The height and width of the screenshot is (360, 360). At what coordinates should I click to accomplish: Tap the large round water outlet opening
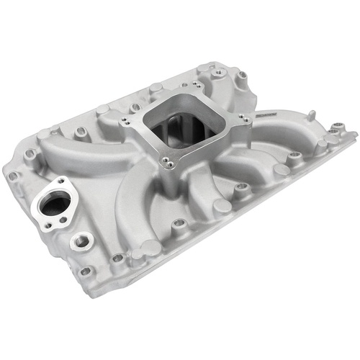point(55,203)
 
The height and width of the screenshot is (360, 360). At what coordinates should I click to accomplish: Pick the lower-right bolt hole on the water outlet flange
point(74,219)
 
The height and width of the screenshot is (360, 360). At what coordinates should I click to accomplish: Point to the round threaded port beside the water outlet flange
point(80,239)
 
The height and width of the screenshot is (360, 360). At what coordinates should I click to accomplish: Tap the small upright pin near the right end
point(312,115)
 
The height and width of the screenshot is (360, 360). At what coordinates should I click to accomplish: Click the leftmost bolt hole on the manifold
point(12,175)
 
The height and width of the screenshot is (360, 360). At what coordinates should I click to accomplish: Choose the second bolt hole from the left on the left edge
point(31,154)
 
